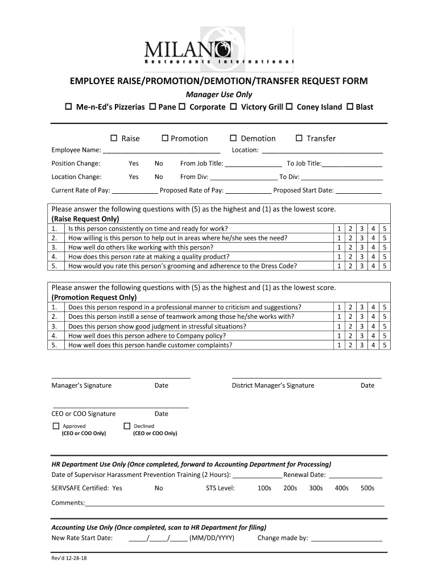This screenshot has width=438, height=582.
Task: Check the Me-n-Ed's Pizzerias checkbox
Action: pyautogui.click(x=67, y=107)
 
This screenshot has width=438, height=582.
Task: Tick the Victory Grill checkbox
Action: pyautogui.click(x=233, y=107)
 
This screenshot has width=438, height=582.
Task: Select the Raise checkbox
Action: pyautogui.click(x=113, y=138)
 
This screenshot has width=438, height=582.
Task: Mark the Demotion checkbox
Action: pyautogui.click(x=233, y=138)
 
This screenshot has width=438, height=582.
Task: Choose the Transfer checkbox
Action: pyautogui.click(x=299, y=138)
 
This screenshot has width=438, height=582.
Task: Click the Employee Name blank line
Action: pyautogui.click(x=162, y=151)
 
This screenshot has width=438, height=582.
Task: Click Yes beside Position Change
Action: pyautogui.click(x=134, y=164)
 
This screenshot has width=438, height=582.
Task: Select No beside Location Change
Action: pyautogui.click(x=159, y=177)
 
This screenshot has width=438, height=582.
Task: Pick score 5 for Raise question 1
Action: pyautogui.click(x=385, y=228)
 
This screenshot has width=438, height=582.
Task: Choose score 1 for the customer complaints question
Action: pyautogui.click(x=339, y=345)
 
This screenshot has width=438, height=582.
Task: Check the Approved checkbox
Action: pyautogui.click(x=56, y=426)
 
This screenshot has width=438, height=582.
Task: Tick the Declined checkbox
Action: pyautogui.click(x=127, y=426)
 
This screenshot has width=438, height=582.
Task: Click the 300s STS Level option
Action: pyautogui.click(x=316, y=488)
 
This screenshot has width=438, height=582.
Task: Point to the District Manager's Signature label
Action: pyautogui.click(x=273, y=385)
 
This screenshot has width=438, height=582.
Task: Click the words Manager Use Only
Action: pyautogui.click(x=220, y=94)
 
